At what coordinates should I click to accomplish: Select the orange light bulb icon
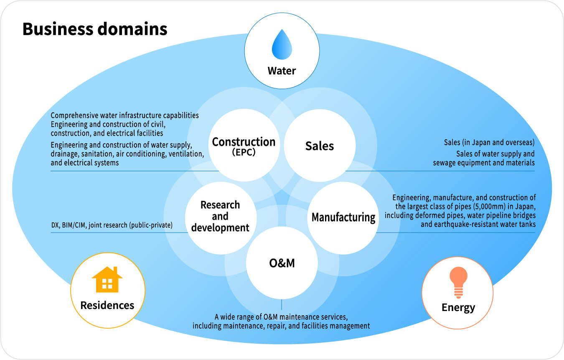coord(458,282)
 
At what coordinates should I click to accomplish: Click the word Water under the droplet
coord(282,71)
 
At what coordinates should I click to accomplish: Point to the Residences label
coord(107,305)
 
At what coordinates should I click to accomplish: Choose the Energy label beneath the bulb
coord(458,308)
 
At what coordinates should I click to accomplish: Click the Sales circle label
coord(320,146)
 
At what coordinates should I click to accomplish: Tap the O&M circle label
coord(282,263)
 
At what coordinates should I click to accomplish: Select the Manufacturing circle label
coord(343,217)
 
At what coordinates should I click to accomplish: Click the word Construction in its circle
coord(244,142)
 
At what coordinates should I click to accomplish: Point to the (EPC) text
coord(244,153)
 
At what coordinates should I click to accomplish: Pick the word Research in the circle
coord(220,205)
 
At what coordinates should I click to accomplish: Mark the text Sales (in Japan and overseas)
coord(489,142)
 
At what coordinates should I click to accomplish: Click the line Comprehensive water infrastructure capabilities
coord(124,115)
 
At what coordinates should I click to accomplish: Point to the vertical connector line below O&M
coord(282,304)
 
